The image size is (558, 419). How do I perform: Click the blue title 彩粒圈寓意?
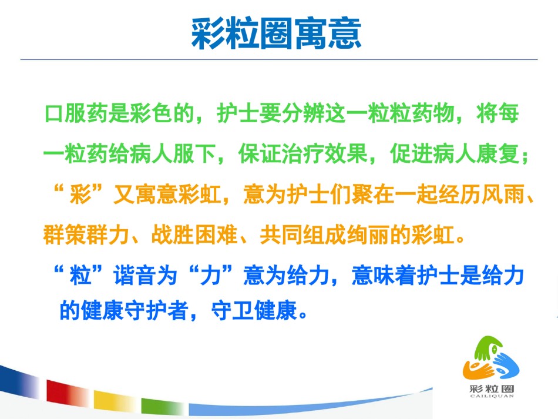276,34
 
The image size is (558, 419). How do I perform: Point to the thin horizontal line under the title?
279,59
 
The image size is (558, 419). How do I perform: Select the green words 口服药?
76,113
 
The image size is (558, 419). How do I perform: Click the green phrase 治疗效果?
325,154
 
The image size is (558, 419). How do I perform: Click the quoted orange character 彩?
81,195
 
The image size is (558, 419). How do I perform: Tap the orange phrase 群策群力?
86,234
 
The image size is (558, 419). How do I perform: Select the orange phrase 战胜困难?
194,234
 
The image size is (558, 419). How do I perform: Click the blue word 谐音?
135,276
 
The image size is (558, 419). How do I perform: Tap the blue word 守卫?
233,310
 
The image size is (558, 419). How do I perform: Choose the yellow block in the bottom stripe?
113,400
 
